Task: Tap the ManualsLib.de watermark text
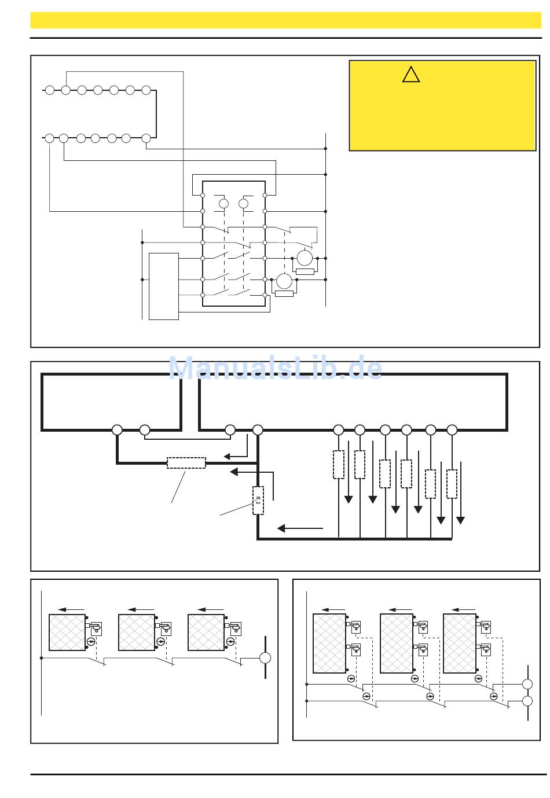click(x=275, y=367)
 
